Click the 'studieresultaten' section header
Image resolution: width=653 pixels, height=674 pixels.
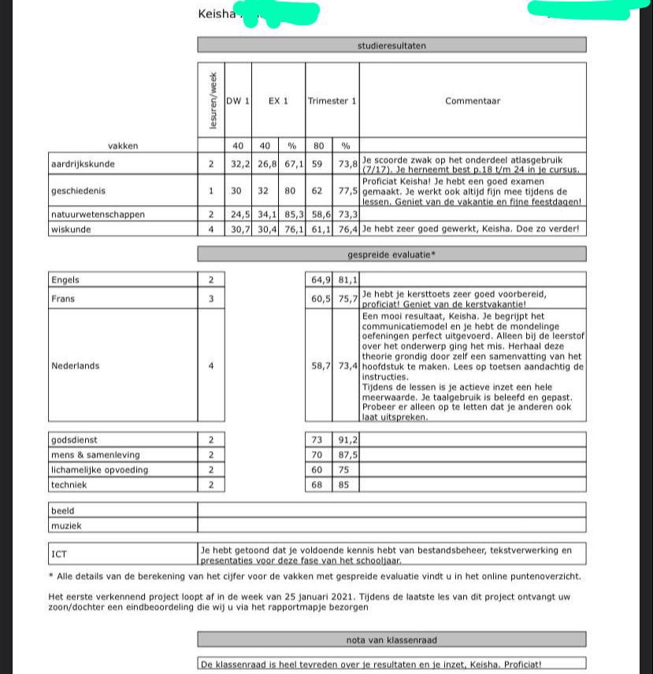(391, 46)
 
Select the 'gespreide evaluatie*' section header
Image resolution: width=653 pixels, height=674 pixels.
(391, 255)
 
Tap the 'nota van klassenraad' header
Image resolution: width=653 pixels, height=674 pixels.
(391, 640)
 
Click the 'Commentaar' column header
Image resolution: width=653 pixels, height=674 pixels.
(472, 101)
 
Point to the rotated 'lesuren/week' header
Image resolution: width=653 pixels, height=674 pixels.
(211, 101)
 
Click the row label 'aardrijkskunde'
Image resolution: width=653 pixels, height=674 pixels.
(83, 165)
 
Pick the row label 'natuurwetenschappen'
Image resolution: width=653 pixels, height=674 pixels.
(97, 214)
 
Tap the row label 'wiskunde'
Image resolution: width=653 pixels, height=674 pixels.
(71, 229)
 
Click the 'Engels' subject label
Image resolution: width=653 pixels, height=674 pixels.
(65, 280)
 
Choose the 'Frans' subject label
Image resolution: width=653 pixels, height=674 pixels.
(63, 299)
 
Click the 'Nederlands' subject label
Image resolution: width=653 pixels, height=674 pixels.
(75, 366)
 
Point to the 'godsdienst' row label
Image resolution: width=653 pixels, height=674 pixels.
(74, 440)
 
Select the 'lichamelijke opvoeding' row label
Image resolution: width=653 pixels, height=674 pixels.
(99, 470)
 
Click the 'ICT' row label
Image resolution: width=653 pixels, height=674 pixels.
(59, 554)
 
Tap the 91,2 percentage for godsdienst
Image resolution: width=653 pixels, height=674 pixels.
(346, 440)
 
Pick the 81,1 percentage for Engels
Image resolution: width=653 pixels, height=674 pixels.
(346, 280)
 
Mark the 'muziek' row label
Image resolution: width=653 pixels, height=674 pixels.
(65, 526)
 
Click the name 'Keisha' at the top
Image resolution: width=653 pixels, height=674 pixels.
(217, 13)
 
